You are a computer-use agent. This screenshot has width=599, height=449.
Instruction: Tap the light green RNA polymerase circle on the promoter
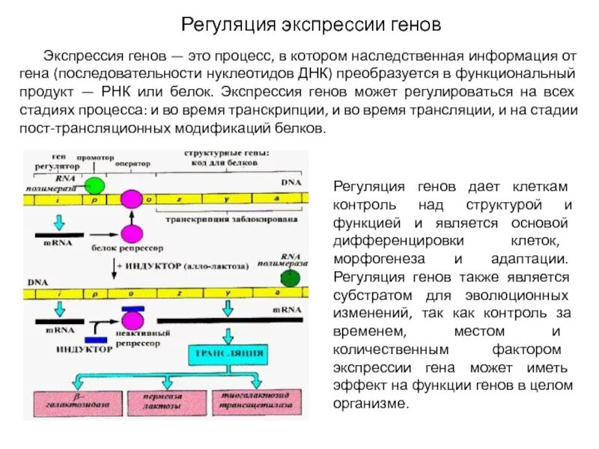tap(94, 186)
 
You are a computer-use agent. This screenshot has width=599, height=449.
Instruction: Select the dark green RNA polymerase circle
tap(291, 278)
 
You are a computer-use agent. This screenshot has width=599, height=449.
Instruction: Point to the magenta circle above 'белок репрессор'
tap(132, 233)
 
